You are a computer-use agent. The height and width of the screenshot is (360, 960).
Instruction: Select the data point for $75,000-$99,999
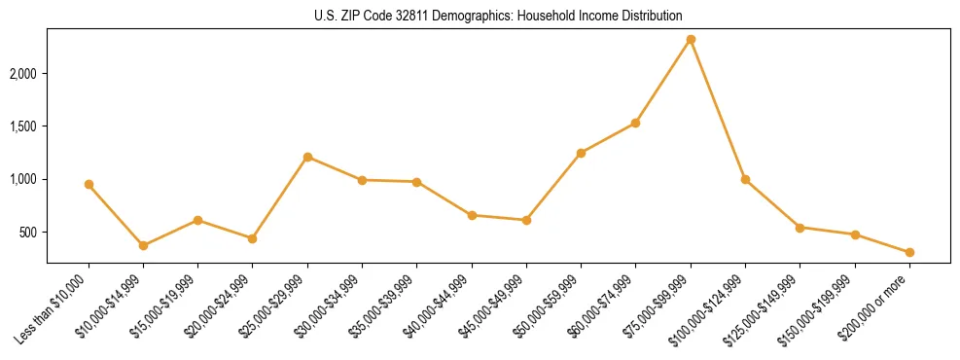coord(691,39)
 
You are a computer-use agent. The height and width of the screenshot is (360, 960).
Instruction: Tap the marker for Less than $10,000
coord(89,184)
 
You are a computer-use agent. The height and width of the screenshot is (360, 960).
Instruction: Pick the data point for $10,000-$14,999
coord(143,245)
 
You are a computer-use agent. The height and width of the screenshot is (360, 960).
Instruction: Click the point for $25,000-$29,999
coord(307,157)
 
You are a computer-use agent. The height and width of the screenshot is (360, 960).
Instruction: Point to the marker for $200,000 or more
coord(909,252)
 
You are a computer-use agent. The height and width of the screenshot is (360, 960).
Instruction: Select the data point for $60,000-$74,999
coord(635,123)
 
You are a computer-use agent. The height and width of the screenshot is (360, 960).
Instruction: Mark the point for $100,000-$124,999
coord(745,179)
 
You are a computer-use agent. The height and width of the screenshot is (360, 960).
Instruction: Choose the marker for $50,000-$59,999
coord(581,153)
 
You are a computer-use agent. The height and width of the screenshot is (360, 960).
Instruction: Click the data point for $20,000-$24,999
coord(252,238)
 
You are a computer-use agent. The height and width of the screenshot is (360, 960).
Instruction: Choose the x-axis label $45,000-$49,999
coord(494,306)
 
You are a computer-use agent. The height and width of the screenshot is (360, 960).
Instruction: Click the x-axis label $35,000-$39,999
coord(385,306)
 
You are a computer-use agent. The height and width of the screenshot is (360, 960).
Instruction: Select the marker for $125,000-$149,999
coord(800,227)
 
